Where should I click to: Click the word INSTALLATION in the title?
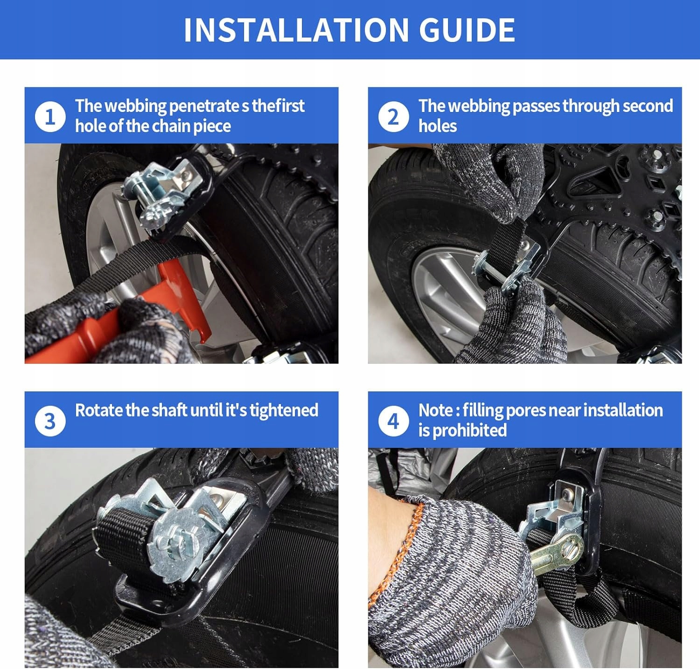tap(296, 30)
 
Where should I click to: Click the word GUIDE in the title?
tap(467, 30)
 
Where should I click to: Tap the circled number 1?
tap(50, 117)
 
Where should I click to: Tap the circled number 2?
tap(393, 117)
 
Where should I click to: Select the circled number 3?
tap(50, 421)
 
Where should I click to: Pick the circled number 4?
tap(393, 421)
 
